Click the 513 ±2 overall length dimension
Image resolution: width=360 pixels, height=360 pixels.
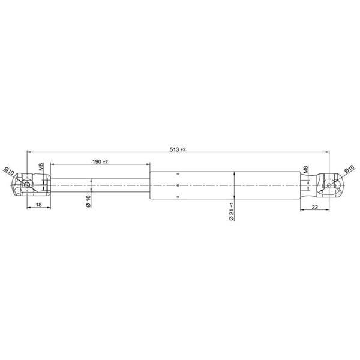pos(178,149)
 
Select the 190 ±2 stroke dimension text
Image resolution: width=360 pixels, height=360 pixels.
pos(100,161)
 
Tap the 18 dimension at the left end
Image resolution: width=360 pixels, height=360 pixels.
pos(39,205)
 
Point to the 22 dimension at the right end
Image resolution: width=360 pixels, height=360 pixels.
pos(315,207)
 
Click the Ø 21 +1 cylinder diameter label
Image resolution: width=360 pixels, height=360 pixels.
pos(232,211)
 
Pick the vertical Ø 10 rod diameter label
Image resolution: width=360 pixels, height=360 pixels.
pos(88,202)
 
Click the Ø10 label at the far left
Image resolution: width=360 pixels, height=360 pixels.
pos(9,171)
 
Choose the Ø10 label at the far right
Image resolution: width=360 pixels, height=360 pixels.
pos(350,169)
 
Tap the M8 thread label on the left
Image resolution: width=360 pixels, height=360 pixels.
pos(41,167)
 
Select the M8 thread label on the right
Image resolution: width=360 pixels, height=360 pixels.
pos(305,169)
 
